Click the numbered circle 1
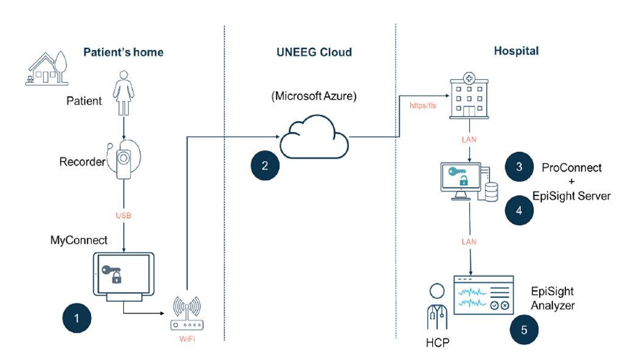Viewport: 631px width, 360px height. tap(77, 317)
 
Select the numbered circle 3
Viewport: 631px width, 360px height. tap(519, 167)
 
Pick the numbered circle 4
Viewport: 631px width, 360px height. tap(519, 210)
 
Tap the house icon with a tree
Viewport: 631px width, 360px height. tap(47, 67)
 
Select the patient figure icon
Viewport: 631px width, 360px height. tap(125, 94)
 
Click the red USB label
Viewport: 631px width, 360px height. tap(124, 216)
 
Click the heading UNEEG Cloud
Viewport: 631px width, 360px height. tap(310, 52)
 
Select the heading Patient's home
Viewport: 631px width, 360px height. tap(123, 52)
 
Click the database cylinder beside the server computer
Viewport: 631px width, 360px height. tap(491, 190)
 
